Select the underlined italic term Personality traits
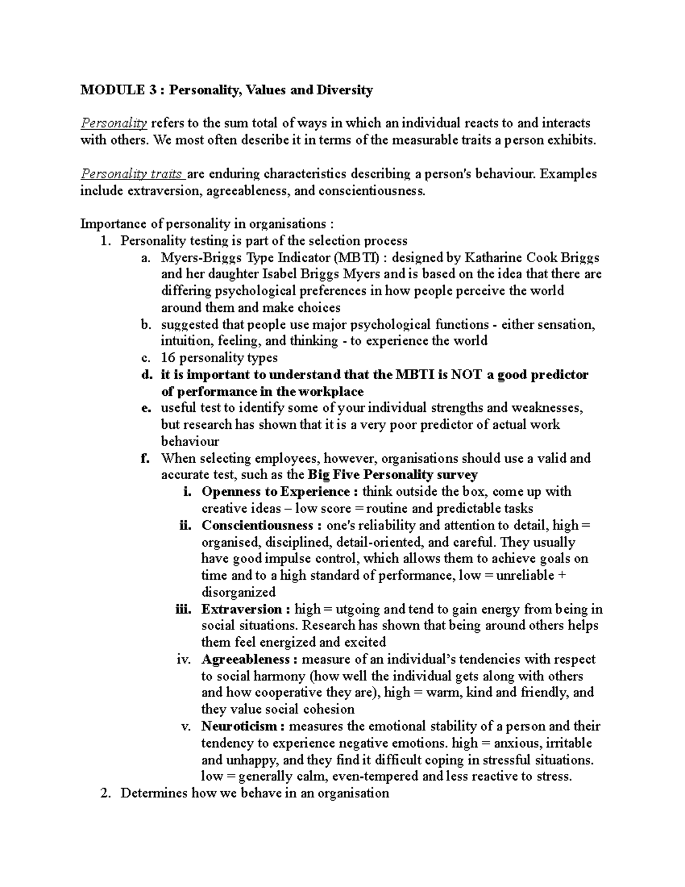pos(132,174)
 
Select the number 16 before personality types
pos(168,358)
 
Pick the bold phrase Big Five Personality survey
pos(392,475)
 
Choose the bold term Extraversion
pos(241,609)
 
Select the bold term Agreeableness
pos(245,660)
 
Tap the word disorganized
pos(239,592)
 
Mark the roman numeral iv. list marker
pos(184,660)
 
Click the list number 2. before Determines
pos(104,794)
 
